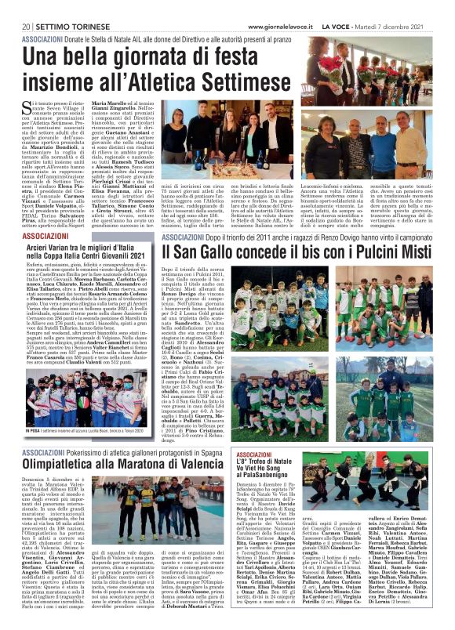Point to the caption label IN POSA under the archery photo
[x=31, y=431]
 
